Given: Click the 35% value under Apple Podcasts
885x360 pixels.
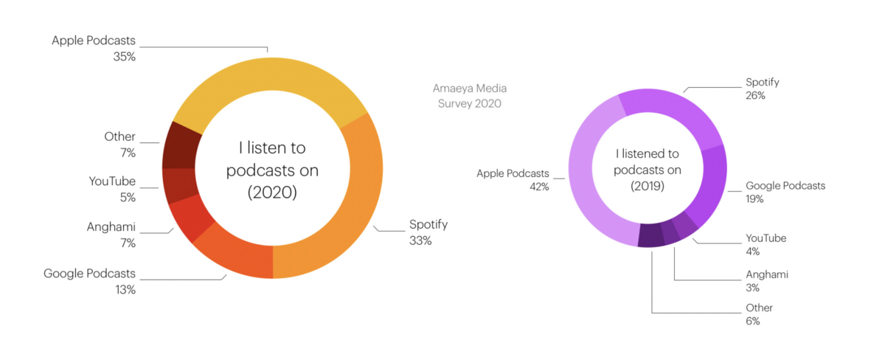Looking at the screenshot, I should click(125, 56).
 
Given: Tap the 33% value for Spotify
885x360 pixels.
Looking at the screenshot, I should click(420, 241).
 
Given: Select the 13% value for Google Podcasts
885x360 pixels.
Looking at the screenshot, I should click(125, 290).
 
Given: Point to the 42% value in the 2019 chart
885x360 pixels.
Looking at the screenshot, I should click(538, 187).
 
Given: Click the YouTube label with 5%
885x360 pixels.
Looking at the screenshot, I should click(112, 181).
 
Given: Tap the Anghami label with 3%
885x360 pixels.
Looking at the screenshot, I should click(767, 274).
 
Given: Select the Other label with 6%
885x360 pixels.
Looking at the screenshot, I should click(759, 308).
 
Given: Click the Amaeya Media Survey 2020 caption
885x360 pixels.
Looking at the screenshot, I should click(470, 96).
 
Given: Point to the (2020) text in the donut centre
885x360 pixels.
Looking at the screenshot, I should click(272, 193).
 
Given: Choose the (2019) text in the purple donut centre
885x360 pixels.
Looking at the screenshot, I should click(648, 186).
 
